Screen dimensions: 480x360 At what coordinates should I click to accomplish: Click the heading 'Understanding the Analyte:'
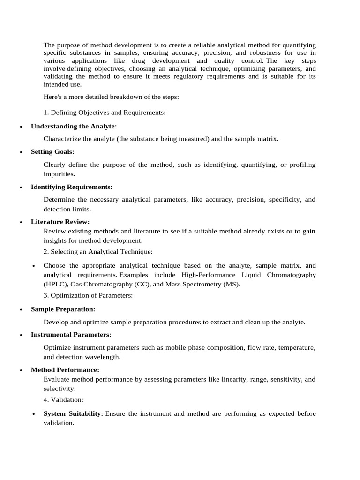click(74, 127)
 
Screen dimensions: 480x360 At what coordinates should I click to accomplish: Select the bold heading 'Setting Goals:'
click(52, 152)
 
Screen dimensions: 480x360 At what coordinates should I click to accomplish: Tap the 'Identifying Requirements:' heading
click(71, 187)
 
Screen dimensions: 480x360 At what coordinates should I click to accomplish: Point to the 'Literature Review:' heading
click(60, 222)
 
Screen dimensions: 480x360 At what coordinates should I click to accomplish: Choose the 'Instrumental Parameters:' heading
click(71, 335)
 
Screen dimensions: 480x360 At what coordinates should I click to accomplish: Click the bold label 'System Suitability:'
click(73, 414)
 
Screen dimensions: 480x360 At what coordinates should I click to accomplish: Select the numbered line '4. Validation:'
click(63, 400)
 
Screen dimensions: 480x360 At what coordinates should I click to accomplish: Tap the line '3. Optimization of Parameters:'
click(88, 295)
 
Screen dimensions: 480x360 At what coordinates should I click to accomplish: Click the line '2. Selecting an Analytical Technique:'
click(97, 252)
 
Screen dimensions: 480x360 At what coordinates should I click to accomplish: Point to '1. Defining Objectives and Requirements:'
click(104, 112)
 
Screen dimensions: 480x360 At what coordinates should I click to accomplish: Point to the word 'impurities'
click(59, 174)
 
